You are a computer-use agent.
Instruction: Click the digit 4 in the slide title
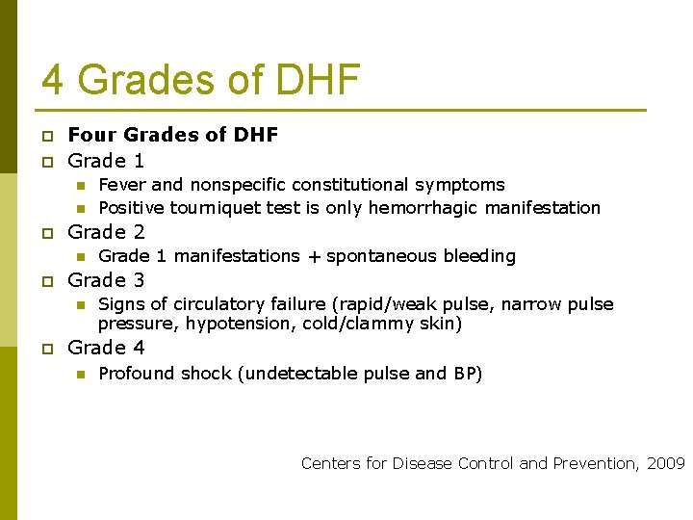tap(53, 80)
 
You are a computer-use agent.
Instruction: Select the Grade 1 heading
tap(106, 161)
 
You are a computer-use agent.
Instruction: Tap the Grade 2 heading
tap(106, 232)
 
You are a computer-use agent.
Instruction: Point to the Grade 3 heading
tap(106, 280)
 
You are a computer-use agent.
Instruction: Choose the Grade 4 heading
tap(106, 348)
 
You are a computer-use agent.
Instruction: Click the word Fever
tap(122, 185)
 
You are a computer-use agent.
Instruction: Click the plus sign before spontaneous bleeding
tap(314, 256)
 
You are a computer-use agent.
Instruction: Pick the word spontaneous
tap(375, 256)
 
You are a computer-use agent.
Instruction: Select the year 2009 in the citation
tap(665, 464)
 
